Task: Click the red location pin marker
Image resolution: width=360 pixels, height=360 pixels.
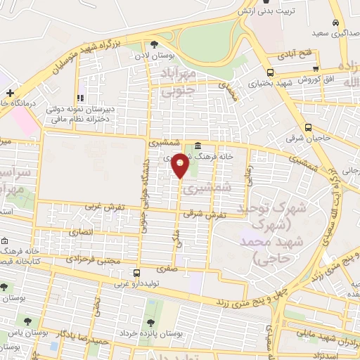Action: click(181, 165)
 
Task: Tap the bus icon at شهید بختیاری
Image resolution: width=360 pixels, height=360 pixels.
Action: click(271, 72)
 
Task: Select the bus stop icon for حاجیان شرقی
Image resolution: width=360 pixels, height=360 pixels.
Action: click(309, 127)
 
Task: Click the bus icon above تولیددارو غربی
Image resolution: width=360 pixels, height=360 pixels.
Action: click(136, 273)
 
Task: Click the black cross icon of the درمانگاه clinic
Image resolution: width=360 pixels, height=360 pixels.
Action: click(10, 93)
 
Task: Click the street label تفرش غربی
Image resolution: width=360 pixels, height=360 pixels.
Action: click(99, 207)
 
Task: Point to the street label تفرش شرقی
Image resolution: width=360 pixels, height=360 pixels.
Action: click(211, 214)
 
